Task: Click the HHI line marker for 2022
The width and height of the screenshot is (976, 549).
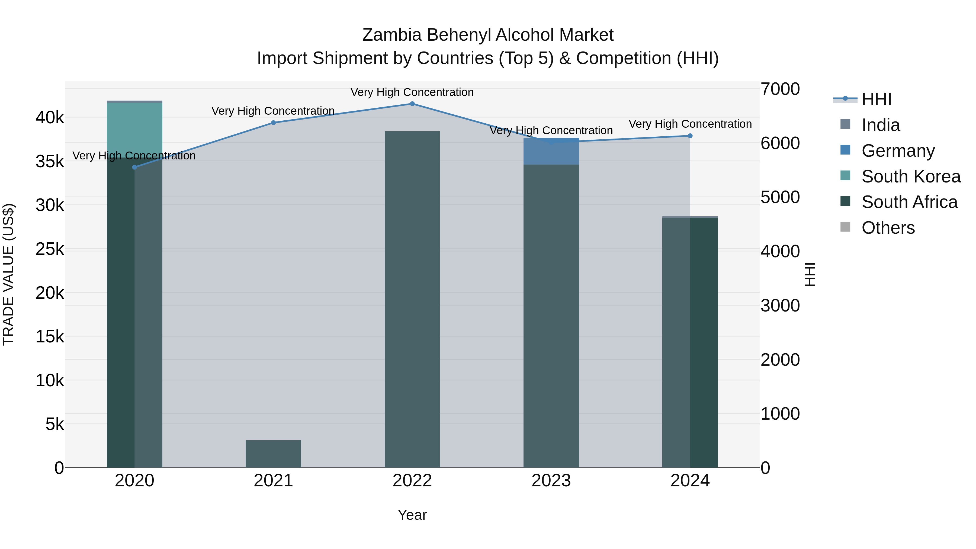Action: (x=412, y=104)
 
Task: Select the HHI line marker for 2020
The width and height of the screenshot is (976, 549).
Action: (x=134, y=167)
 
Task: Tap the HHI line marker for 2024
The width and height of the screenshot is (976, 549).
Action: (x=690, y=136)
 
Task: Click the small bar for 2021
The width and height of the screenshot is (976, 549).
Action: (x=273, y=454)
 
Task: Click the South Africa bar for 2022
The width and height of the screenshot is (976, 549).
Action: (x=412, y=299)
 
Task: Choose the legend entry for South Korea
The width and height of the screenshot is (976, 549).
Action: (x=911, y=176)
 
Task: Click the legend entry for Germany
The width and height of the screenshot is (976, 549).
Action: (x=898, y=151)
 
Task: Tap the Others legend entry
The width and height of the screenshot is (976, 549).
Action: (x=888, y=228)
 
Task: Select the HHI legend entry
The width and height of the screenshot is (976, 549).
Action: (x=876, y=99)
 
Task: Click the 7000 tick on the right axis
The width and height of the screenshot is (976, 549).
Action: (x=780, y=89)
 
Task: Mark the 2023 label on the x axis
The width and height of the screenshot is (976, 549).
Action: (x=551, y=481)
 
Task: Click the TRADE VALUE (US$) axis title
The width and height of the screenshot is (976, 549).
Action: (x=8, y=274)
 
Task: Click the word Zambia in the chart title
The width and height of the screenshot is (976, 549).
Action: (x=392, y=35)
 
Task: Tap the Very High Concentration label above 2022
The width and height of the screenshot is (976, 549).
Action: (x=412, y=92)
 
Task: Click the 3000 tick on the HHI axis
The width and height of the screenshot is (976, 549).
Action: (x=780, y=306)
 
